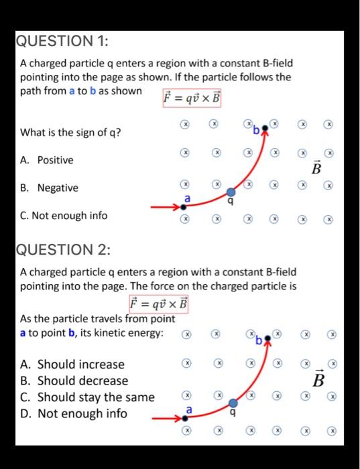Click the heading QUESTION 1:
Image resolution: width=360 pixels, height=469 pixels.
point(61,42)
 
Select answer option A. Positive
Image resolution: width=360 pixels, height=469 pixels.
point(47,160)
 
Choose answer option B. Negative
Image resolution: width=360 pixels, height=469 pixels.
point(49,188)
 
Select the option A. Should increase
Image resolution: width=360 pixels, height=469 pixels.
point(72,364)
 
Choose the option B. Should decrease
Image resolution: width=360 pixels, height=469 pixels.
point(74,381)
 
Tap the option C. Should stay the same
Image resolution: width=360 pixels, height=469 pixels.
point(87,397)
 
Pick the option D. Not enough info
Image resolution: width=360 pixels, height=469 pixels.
point(74,413)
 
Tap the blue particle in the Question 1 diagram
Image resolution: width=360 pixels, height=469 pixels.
point(231,192)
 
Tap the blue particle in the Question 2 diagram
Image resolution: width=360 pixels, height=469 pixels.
point(233,403)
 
